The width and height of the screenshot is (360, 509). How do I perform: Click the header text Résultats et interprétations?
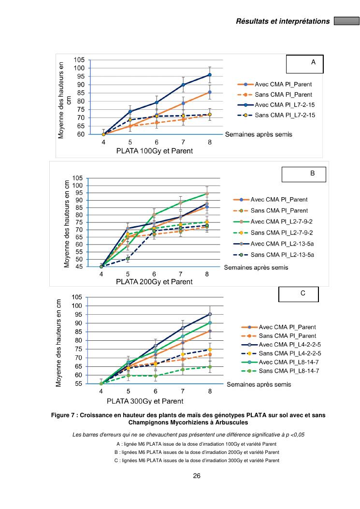(283, 21)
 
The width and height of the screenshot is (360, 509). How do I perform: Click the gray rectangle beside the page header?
(346, 21)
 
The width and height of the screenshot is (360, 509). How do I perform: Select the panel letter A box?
(304, 64)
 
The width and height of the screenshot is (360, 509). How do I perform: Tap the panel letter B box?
(304, 175)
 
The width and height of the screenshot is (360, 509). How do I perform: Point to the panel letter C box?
(298, 294)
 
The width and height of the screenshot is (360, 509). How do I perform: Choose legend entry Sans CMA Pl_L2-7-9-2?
(279, 233)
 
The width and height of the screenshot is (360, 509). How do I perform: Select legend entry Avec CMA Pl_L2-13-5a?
(279, 244)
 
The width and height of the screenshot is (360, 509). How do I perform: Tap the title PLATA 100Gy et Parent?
(155, 151)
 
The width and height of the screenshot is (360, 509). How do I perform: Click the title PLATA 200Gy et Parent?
(154, 282)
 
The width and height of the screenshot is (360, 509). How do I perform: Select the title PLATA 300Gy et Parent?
(145, 401)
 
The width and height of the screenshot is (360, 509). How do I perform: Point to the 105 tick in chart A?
(78, 59)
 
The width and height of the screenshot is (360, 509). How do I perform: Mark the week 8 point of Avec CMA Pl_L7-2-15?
(210, 75)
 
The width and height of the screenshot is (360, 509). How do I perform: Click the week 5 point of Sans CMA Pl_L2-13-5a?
(128, 259)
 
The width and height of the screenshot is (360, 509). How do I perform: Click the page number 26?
(197, 476)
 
